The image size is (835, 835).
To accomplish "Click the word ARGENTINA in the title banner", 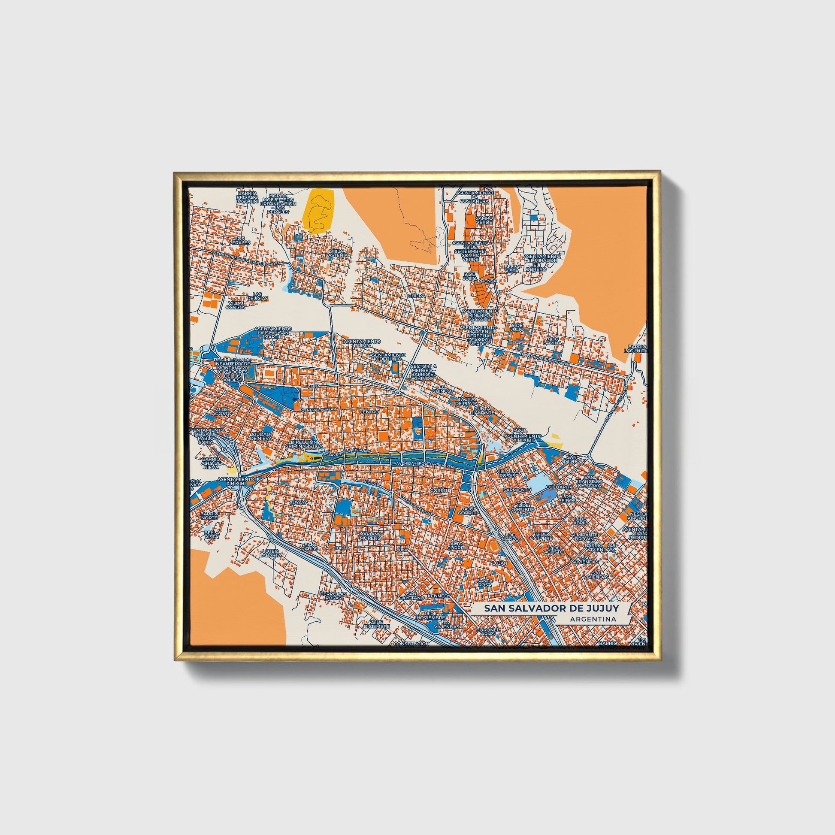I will pyautogui.click(x=593, y=619).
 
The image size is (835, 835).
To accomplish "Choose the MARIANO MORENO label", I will pyautogui.click(x=371, y=536).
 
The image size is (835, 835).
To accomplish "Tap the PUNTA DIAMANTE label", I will pyautogui.click(x=484, y=410).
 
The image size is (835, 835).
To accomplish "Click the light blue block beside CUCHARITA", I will pyautogui.click(x=536, y=480).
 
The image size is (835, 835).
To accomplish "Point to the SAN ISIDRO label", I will pyautogui.click(x=572, y=459).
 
